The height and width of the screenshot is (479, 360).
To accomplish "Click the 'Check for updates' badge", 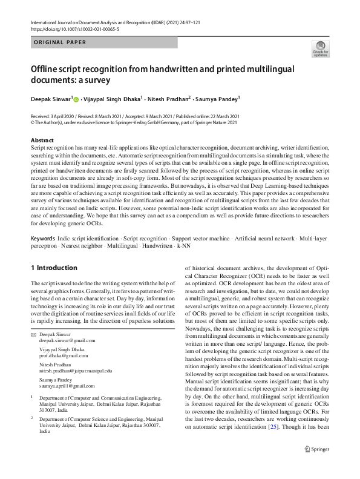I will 320,47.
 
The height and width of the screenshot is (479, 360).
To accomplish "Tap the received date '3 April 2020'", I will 64,116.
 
